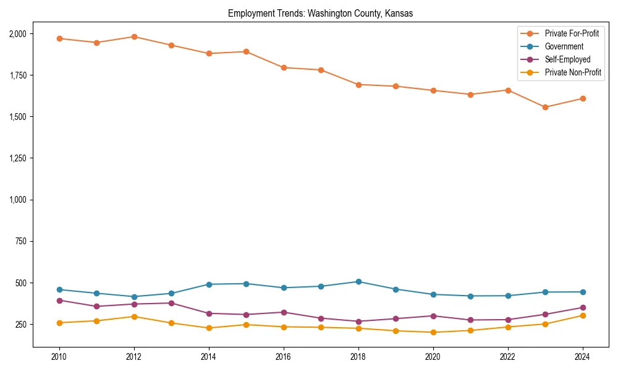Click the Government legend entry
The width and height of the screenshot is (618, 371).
point(563,46)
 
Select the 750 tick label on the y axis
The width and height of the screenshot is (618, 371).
point(21,241)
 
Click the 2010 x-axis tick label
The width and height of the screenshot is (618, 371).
point(59,357)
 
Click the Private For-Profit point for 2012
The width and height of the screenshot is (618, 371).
point(134,36)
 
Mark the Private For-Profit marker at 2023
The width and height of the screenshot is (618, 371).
point(545,107)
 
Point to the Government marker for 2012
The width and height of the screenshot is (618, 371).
point(134,297)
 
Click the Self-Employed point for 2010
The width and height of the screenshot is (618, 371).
point(59,301)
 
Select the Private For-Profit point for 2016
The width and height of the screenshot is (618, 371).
point(284,67)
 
